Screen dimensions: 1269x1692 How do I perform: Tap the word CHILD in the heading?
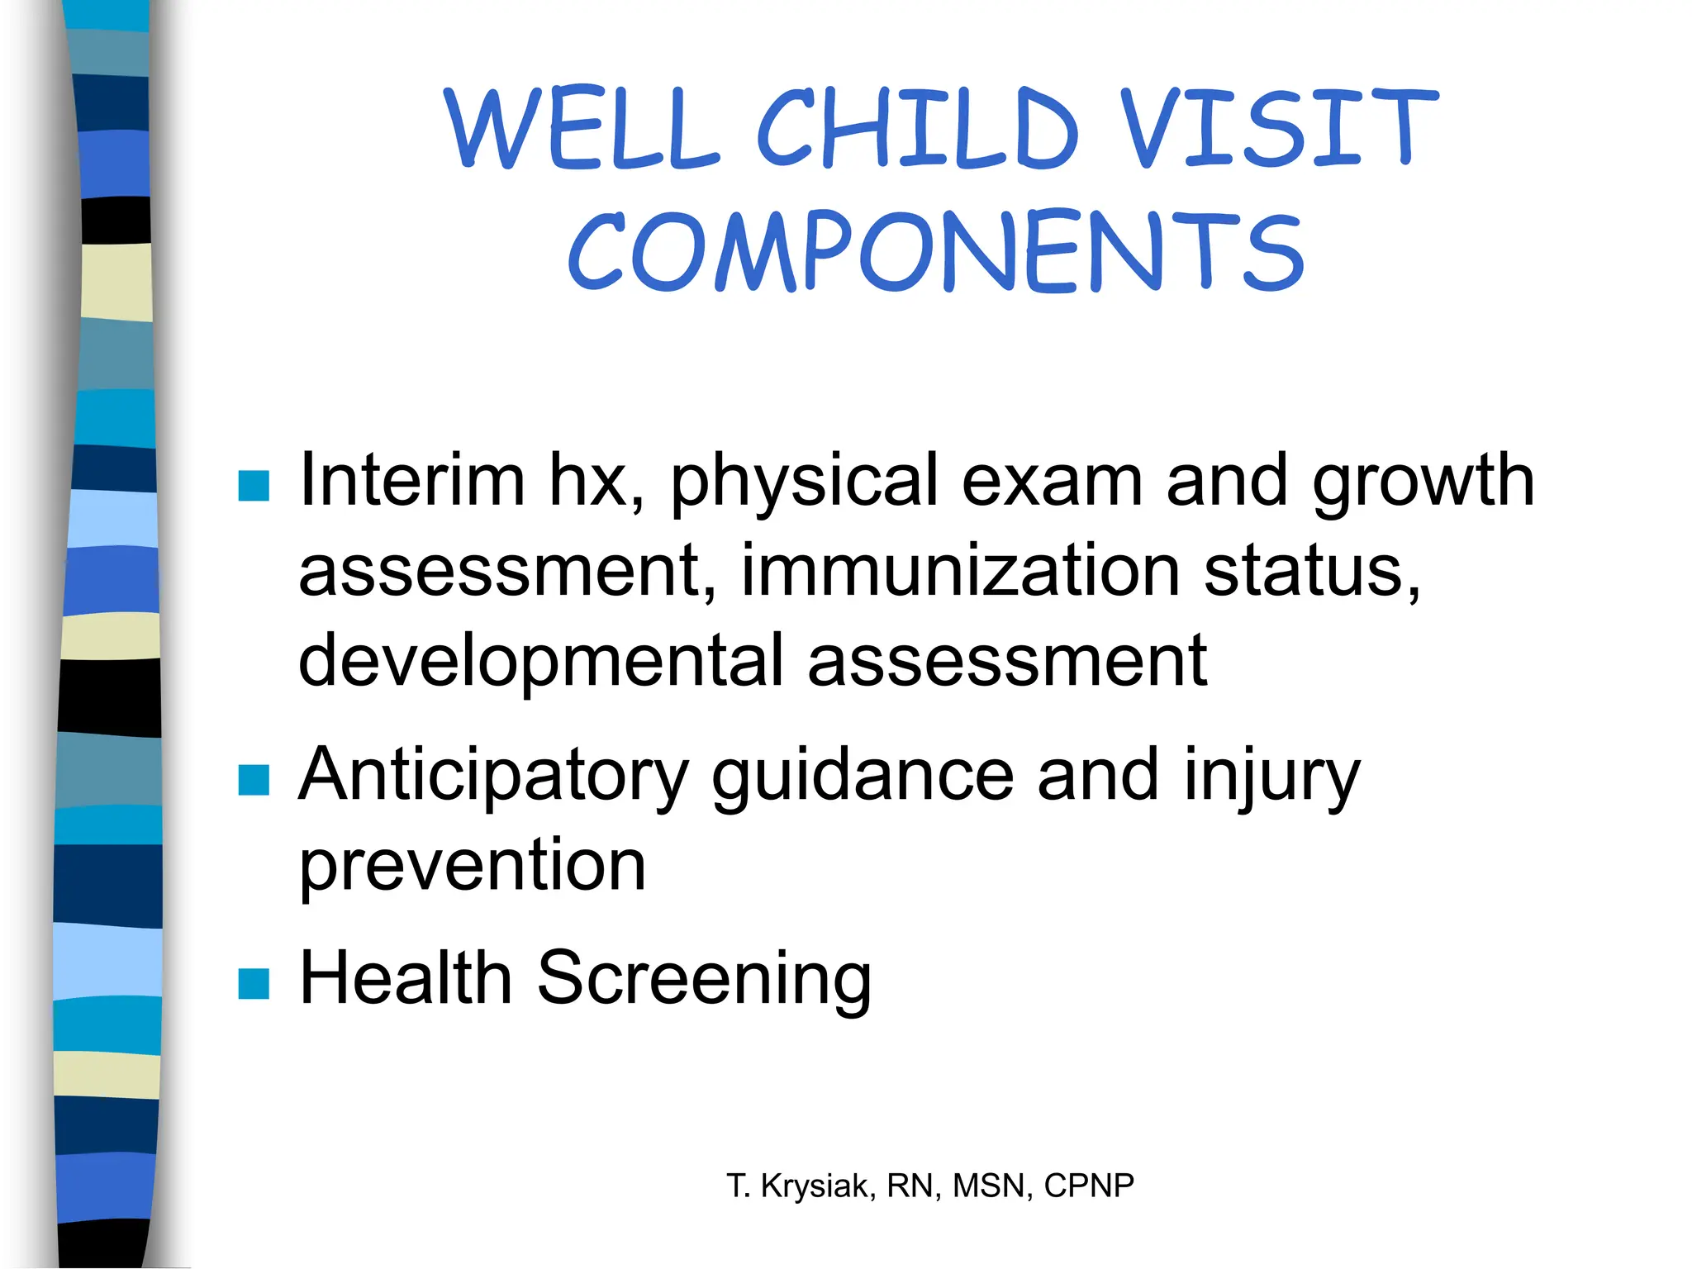click(917, 129)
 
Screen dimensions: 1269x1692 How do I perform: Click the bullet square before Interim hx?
click(254, 486)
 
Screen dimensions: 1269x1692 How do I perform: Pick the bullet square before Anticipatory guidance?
click(254, 779)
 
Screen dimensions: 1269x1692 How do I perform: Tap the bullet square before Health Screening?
click(254, 983)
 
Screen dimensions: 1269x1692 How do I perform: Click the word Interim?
click(411, 480)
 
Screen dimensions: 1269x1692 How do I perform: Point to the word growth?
click(1423, 483)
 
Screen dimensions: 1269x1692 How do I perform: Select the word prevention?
click(472, 866)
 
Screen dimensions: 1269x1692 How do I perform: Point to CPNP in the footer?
click(1089, 1186)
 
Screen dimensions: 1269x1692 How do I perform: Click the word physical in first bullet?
click(803, 483)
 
